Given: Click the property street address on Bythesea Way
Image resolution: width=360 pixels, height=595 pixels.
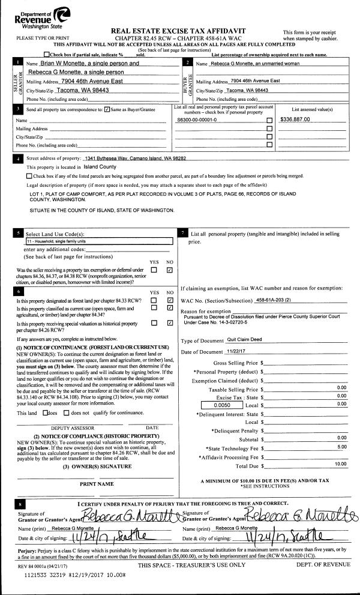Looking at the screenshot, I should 135,158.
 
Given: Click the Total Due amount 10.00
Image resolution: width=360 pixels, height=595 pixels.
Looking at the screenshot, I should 340,448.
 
